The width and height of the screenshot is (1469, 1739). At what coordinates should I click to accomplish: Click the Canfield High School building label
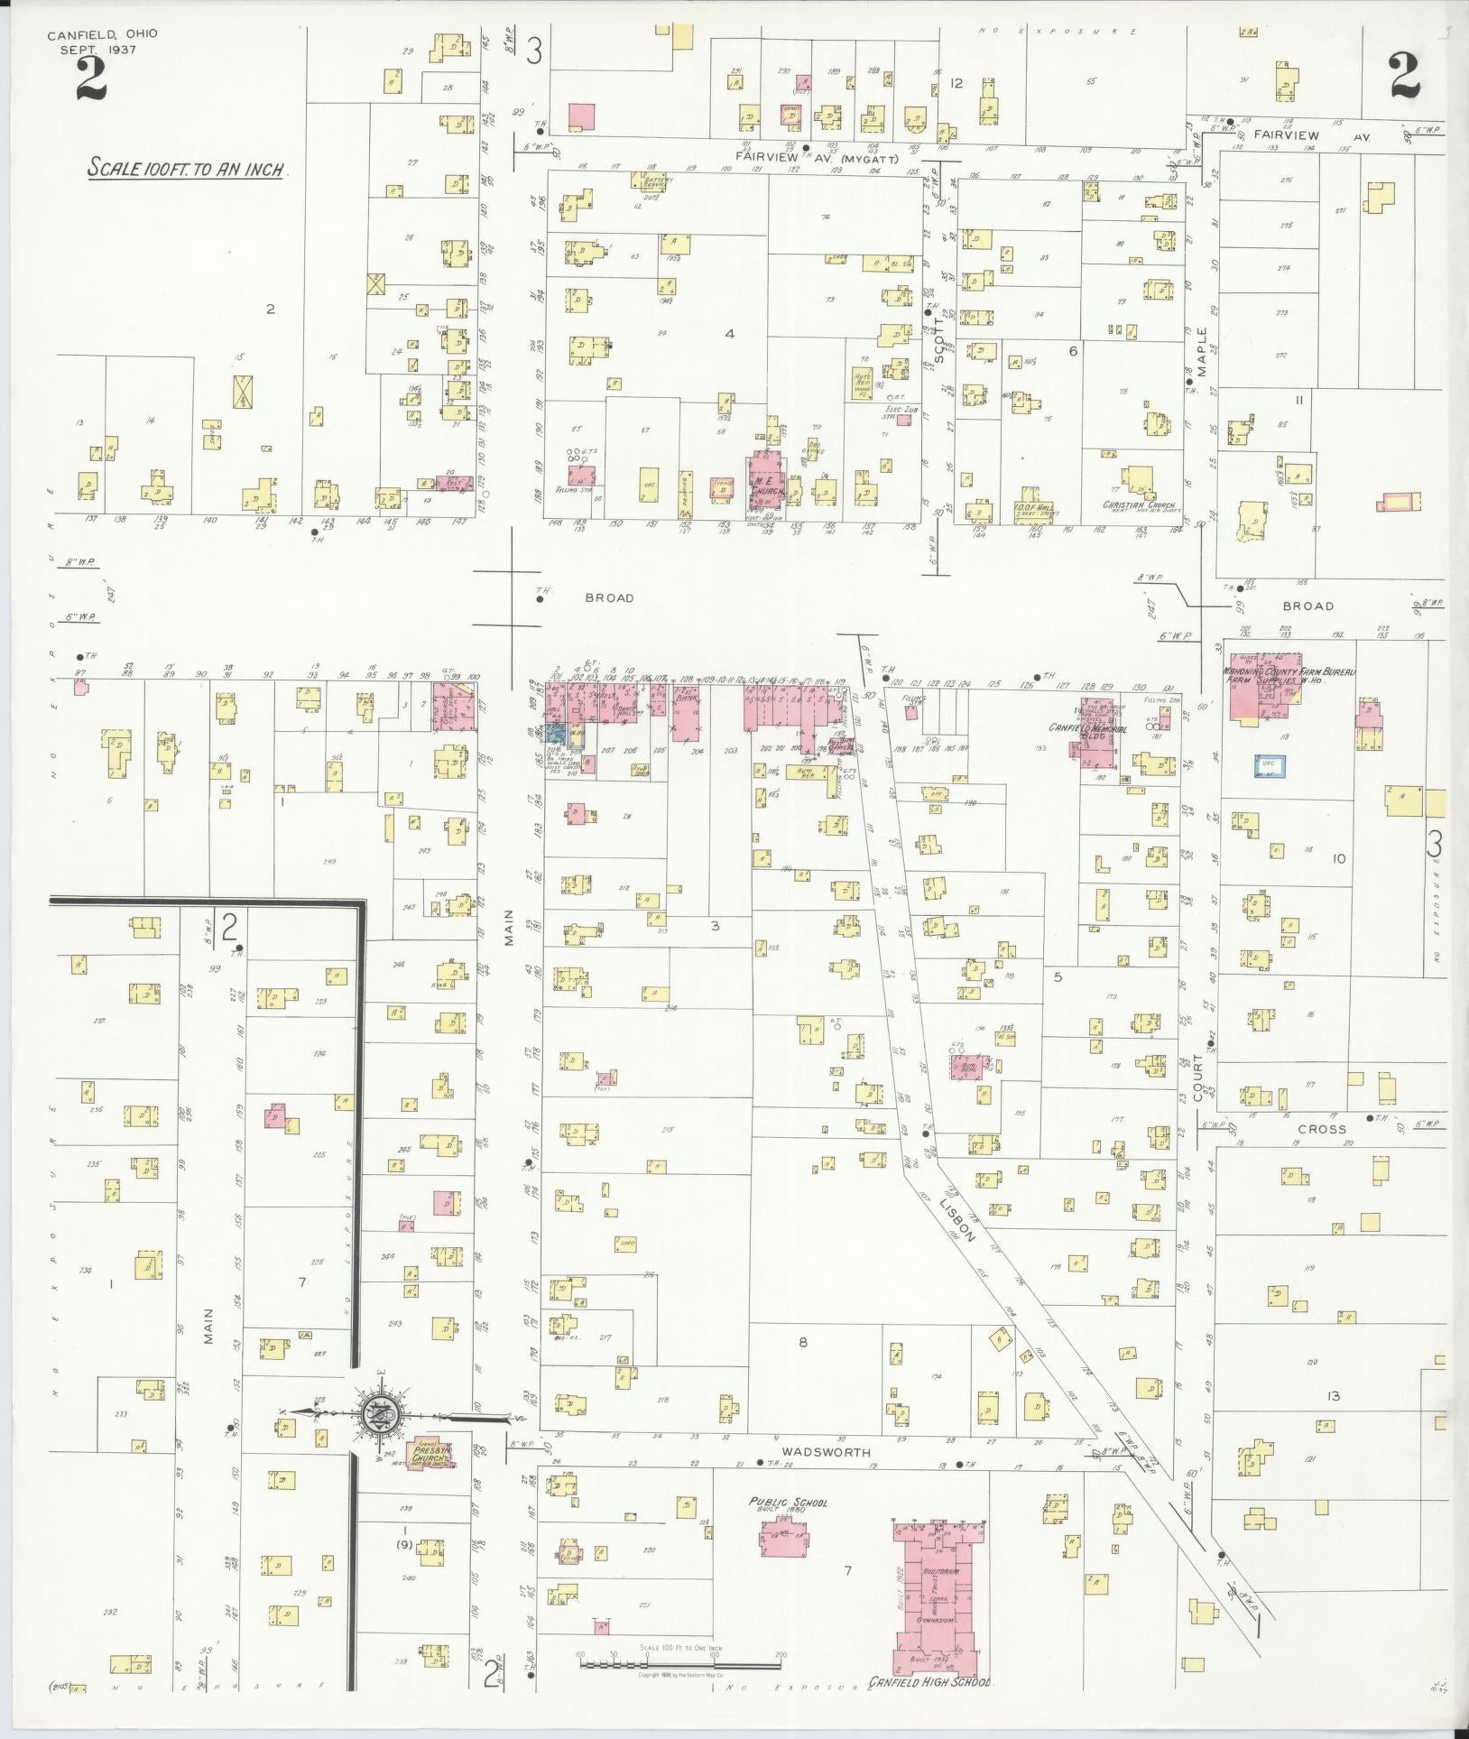coord(929,1682)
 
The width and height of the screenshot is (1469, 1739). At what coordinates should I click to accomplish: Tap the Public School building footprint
coord(781,1536)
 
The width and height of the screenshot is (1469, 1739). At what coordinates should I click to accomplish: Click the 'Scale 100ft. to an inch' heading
coord(187,169)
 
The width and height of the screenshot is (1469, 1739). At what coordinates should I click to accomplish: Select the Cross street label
coord(1322,1129)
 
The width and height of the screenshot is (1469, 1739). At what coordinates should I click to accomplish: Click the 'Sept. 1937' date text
coord(97,50)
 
